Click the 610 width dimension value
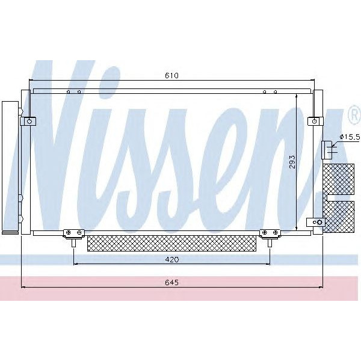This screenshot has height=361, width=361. [x=173, y=76]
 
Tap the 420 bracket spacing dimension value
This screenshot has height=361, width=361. [x=173, y=259]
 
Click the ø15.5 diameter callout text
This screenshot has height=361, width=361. [x=350, y=138]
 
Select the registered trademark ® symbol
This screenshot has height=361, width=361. [x=353, y=114]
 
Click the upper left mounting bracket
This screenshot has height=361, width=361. [x=28, y=121]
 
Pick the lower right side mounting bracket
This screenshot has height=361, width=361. [x=316, y=223]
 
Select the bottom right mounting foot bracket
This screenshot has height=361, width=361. [x=267, y=233]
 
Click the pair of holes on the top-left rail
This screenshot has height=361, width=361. [x=73, y=92]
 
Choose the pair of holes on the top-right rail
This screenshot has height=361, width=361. [x=270, y=92]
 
